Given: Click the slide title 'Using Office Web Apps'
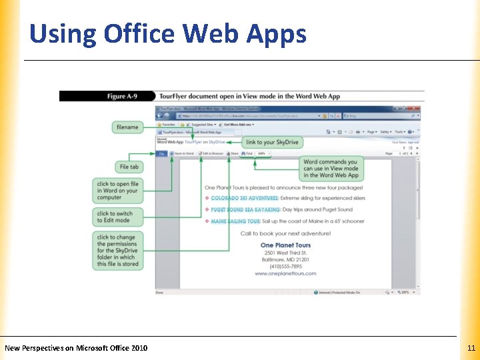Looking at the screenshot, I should coord(168,33).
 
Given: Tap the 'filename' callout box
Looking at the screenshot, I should coord(127,127).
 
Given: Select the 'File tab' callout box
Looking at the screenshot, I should coord(129,167).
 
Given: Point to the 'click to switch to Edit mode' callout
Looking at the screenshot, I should coord(117,217).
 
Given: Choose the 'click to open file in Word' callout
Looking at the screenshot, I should coord(117,191).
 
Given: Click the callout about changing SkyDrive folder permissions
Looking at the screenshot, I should coord(117,251).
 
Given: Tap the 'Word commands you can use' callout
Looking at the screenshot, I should coord(331,169).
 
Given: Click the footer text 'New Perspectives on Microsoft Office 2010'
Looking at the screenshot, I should coord(76,347).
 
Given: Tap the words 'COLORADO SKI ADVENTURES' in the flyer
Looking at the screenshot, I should coord(245,199).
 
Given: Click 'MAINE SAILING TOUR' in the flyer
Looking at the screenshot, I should coord(235,221).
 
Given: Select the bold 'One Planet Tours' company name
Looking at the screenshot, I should coord(285,245).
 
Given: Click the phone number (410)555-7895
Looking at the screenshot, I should coord(285,266).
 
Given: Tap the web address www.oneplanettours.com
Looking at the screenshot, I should coord(285,273).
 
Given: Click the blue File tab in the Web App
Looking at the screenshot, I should coord(161,153).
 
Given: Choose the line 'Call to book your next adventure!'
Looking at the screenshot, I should coord(285,234).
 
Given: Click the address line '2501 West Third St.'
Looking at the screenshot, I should coord(285,253).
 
